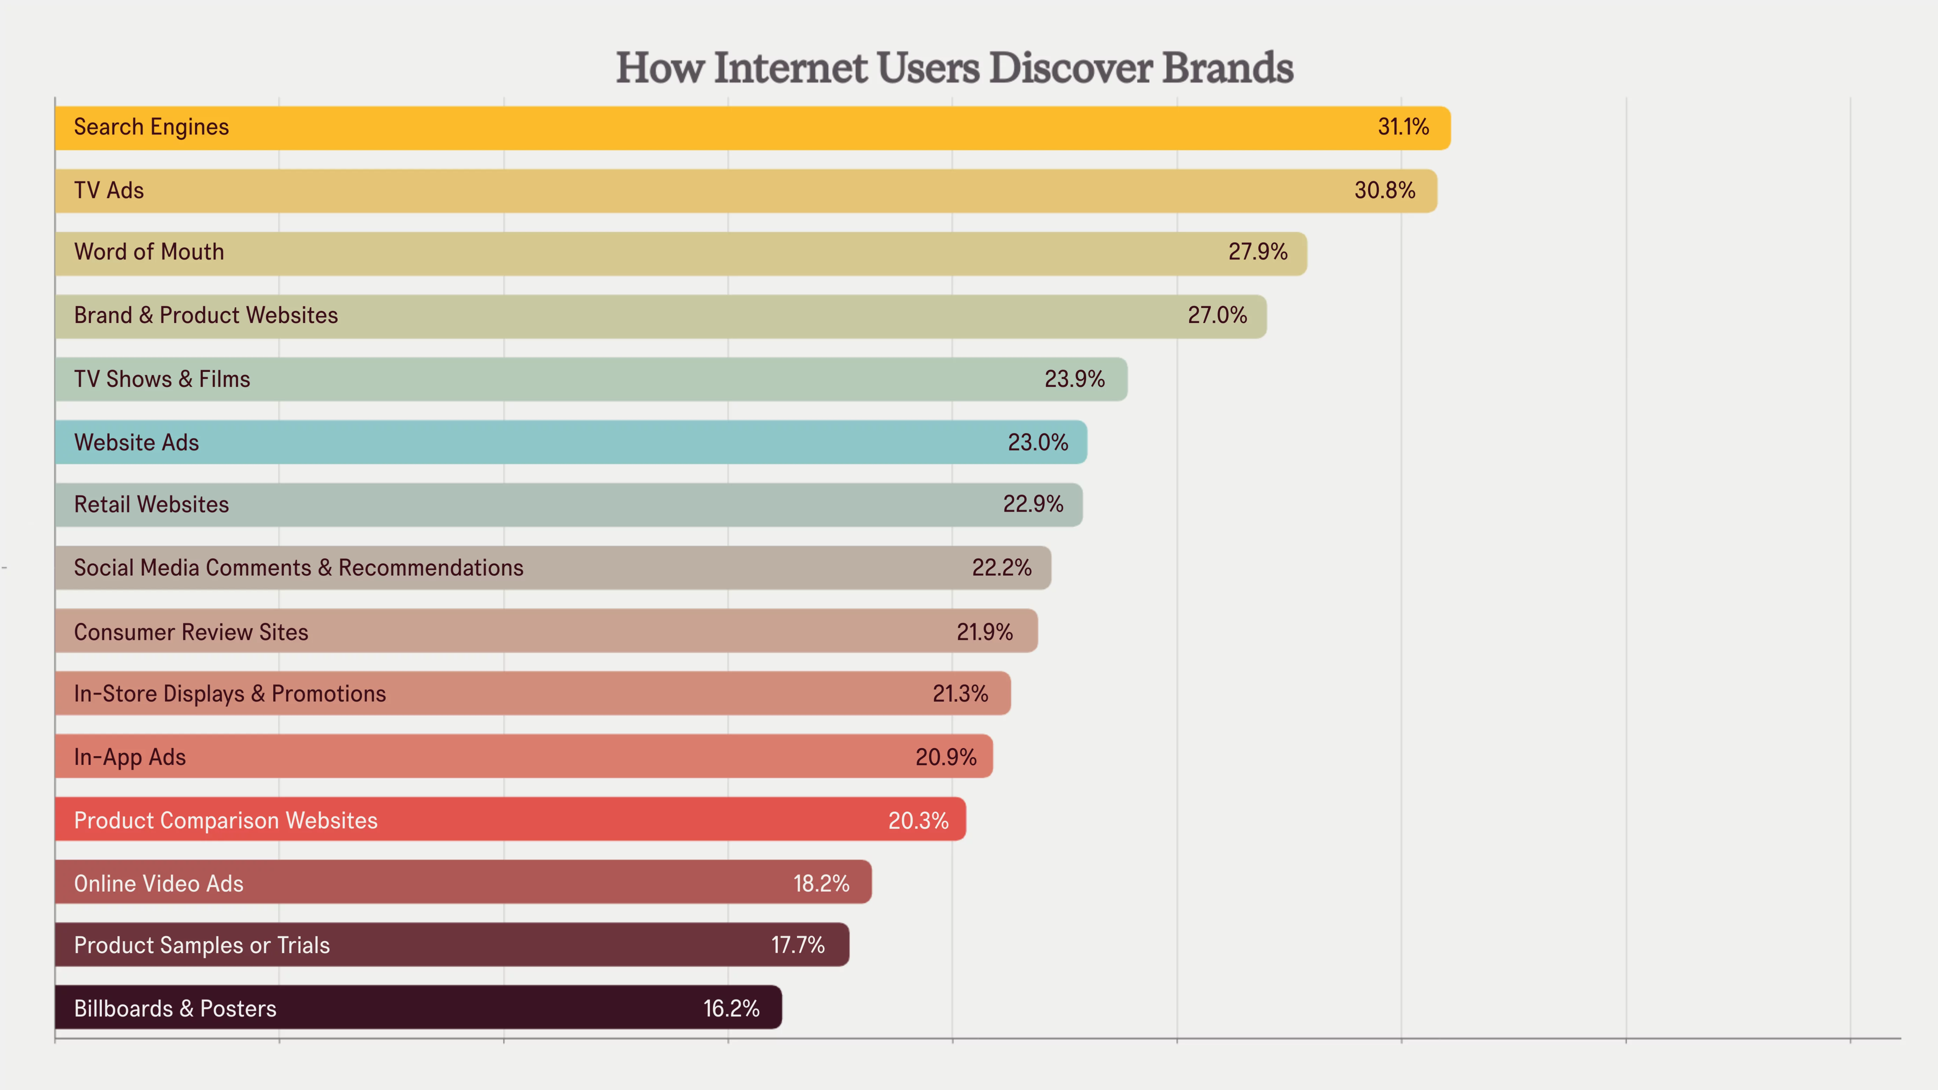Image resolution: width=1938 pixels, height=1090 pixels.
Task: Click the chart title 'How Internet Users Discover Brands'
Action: point(954,68)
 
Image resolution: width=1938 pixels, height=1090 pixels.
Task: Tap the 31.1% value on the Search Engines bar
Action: point(1403,127)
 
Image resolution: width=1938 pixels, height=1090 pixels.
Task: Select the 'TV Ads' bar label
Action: point(109,190)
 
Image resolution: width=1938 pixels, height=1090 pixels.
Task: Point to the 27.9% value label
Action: point(1258,252)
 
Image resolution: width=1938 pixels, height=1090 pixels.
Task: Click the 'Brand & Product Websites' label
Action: point(206,315)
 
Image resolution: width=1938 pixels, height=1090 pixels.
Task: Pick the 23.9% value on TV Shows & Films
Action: point(1074,379)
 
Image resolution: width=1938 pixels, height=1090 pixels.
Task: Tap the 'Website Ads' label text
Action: point(137,442)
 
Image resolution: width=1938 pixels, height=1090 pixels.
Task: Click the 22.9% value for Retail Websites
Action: point(1033,504)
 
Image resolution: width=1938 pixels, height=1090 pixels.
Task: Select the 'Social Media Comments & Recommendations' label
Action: point(299,568)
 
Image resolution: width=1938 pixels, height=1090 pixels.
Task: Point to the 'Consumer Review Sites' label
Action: point(191,632)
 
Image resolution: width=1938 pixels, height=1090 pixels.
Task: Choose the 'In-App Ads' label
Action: point(130,757)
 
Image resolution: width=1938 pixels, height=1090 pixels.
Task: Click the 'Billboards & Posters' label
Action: point(175,1009)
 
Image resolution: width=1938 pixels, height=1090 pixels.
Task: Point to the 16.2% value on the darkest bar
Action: point(731,1009)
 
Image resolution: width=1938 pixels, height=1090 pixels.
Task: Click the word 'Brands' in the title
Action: point(1228,68)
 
